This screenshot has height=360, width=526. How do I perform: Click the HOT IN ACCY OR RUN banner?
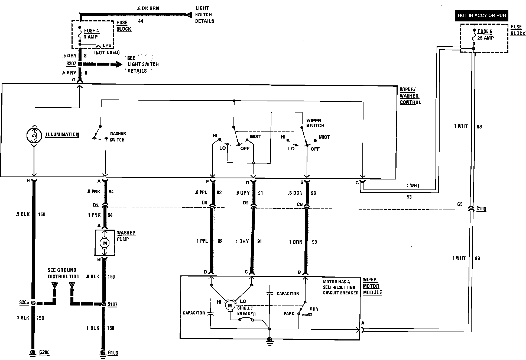click(482, 15)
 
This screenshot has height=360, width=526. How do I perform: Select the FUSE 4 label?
click(92, 31)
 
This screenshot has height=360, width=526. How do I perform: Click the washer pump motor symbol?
click(105, 243)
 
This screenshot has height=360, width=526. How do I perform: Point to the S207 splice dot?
click(80, 64)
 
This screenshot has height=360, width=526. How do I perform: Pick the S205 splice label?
click(24, 303)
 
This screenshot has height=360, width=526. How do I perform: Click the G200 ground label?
click(44, 352)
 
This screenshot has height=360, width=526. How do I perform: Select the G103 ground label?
click(113, 353)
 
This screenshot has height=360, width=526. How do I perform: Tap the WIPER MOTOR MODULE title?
click(372, 286)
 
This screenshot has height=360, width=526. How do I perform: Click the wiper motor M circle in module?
click(230, 306)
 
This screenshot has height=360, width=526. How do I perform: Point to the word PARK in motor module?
click(289, 314)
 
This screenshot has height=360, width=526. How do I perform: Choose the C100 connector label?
click(481, 209)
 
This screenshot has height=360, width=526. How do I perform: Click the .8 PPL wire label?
click(201, 192)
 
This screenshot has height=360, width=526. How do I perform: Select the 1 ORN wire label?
click(296, 242)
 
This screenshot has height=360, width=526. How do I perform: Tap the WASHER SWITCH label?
click(117, 137)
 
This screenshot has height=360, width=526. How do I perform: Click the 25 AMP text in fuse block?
click(485, 38)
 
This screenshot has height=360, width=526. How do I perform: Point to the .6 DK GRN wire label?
click(148, 8)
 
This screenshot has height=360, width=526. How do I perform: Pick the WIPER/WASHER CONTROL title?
click(410, 96)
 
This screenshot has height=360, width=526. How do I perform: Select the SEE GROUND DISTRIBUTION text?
click(64, 273)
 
